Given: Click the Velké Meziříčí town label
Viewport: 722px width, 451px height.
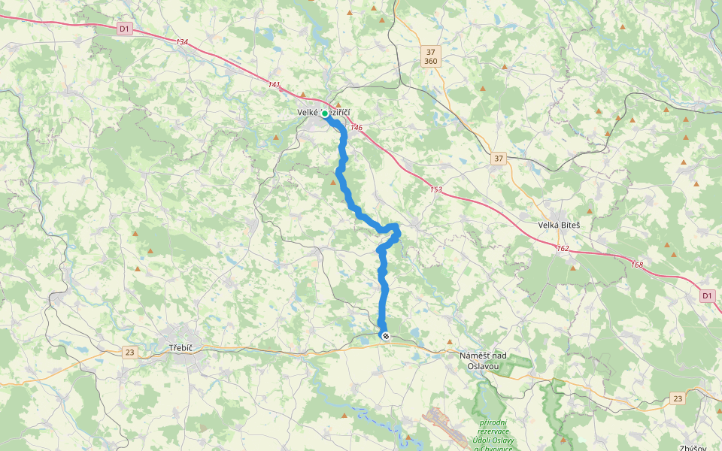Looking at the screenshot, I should click(324, 113).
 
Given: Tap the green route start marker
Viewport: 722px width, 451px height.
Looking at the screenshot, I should click(325, 114).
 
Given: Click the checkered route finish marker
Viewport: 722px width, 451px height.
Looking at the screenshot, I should click(385, 336).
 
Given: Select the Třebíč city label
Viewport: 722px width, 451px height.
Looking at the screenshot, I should click(184, 348).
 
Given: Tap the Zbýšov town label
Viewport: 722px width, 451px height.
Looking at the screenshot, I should click(692, 448).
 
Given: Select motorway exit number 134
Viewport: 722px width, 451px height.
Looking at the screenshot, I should click(181, 42).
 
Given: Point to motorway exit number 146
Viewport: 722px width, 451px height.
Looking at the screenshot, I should click(356, 128).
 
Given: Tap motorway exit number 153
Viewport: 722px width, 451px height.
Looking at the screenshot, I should click(436, 189).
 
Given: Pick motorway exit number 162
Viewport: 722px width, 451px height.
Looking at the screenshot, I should click(563, 248).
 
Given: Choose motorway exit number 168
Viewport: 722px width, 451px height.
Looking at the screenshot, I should click(637, 264).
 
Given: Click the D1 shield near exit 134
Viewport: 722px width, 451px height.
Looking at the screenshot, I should click(125, 29).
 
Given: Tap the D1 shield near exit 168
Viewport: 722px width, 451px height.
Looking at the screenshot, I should click(706, 296).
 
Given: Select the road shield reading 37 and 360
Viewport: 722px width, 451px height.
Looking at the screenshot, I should click(430, 56).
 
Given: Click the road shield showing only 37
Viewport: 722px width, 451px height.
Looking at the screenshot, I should click(499, 159).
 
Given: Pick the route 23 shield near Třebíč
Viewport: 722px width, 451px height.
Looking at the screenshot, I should click(130, 352).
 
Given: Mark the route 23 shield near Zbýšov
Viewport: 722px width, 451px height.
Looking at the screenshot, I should click(678, 398).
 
